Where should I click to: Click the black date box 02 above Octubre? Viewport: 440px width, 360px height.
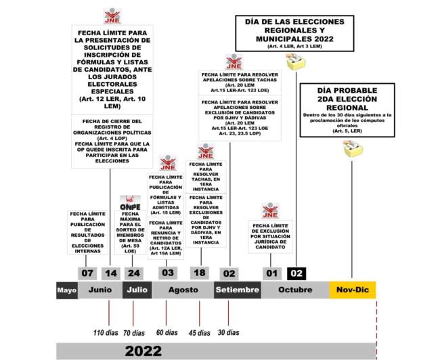296,273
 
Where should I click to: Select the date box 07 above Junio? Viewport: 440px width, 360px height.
87,273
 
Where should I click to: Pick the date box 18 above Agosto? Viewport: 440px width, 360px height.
199,273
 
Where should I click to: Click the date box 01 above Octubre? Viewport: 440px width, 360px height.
272,273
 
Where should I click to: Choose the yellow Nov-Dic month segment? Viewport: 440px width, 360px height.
352,290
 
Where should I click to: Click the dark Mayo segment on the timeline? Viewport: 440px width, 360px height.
66,290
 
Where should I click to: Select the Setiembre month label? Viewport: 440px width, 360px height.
237,290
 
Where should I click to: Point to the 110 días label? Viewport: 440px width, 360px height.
105,332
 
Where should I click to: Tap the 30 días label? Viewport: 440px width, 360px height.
228,332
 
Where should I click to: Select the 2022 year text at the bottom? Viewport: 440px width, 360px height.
144,351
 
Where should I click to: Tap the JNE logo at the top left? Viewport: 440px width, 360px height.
112,16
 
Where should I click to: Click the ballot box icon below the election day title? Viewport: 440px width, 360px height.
295,62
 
